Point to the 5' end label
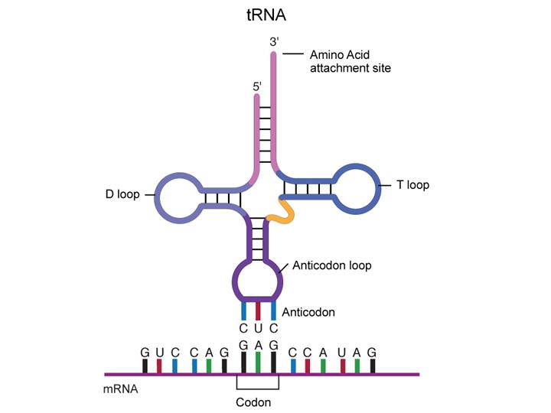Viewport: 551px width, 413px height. point(257,87)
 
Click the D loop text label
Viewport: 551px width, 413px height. point(122,194)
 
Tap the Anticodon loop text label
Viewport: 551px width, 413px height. point(328,267)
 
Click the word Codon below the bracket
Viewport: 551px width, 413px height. point(257,402)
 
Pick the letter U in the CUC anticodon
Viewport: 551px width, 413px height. point(258,328)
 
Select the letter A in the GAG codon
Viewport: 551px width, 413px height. point(258,346)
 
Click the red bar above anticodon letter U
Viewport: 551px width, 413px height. point(258,311)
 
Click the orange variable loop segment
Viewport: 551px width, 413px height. point(285,213)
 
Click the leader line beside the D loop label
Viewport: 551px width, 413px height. point(147,194)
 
